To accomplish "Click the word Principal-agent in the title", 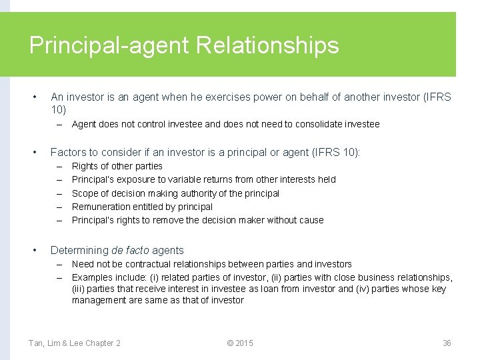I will click(110, 45).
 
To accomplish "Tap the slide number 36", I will click(447, 343).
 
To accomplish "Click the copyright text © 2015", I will click(240, 343).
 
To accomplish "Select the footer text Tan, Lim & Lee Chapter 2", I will click(75, 343).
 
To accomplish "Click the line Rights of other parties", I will click(117, 166).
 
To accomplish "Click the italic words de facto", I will click(130, 251).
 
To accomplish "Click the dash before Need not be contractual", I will click(59, 264).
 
